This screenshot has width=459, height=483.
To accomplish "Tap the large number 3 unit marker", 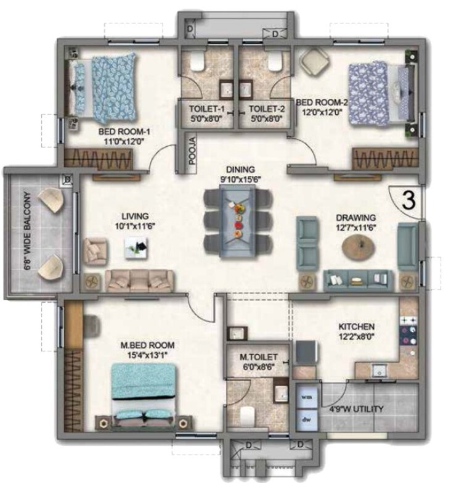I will pos(407,200).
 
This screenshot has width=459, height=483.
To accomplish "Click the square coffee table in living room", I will pos(139,249).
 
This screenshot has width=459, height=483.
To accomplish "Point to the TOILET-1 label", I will pos(206,109).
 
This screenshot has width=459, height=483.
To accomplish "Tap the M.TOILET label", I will pos(254,357).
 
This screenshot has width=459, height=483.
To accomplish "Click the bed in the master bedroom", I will pos(145,395).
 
